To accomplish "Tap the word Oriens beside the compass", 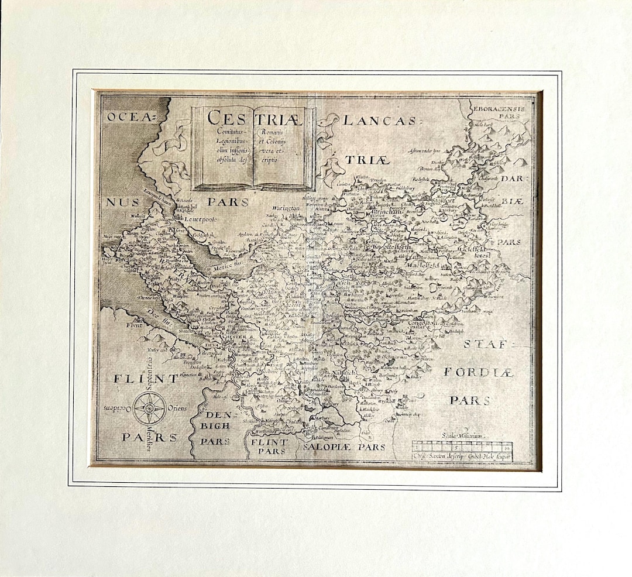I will pos(178,408).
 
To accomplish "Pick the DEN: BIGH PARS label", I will pos(215,425).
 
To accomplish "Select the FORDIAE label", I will pos(478,372).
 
